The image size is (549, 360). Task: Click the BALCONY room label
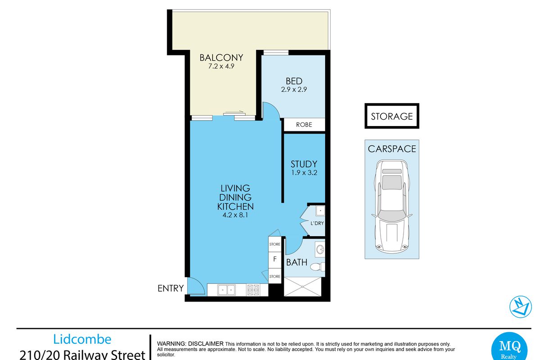click(221, 58)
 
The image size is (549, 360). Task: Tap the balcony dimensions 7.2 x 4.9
click(221, 66)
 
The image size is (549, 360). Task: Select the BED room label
click(294, 81)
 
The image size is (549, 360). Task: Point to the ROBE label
click(304, 125)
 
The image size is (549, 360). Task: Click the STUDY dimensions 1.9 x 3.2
click(304, 173)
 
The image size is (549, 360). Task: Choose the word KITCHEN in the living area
click(235, 207)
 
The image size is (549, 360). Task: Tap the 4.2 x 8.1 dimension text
click(235, 215)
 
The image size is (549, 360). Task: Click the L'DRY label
click(317, 223)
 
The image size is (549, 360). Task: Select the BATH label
click(296, 262)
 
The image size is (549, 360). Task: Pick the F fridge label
click(275, 259)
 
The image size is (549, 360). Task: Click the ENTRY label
click(171, 288)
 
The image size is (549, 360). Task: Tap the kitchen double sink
click(227, 290)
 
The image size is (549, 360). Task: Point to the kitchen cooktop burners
click(253, 290)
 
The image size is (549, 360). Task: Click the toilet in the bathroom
click(318, 267)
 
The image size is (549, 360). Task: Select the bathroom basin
click(320, 250)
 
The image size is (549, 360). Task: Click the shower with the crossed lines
click(303, 287)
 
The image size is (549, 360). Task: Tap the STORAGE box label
click(392, 117)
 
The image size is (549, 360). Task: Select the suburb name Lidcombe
click(82, 340)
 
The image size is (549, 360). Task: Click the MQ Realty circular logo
click(509, 346)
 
